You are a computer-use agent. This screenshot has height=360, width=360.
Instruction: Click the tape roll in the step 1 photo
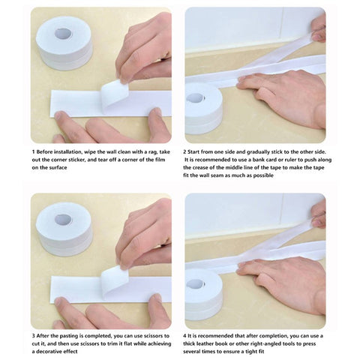tap(64, 42)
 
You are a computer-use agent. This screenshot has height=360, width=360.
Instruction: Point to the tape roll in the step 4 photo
tap(203, 284)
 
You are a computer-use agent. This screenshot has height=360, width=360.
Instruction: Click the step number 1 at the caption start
tap(33, 152)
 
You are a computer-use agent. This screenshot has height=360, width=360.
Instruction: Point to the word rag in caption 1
tap(155, 152)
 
